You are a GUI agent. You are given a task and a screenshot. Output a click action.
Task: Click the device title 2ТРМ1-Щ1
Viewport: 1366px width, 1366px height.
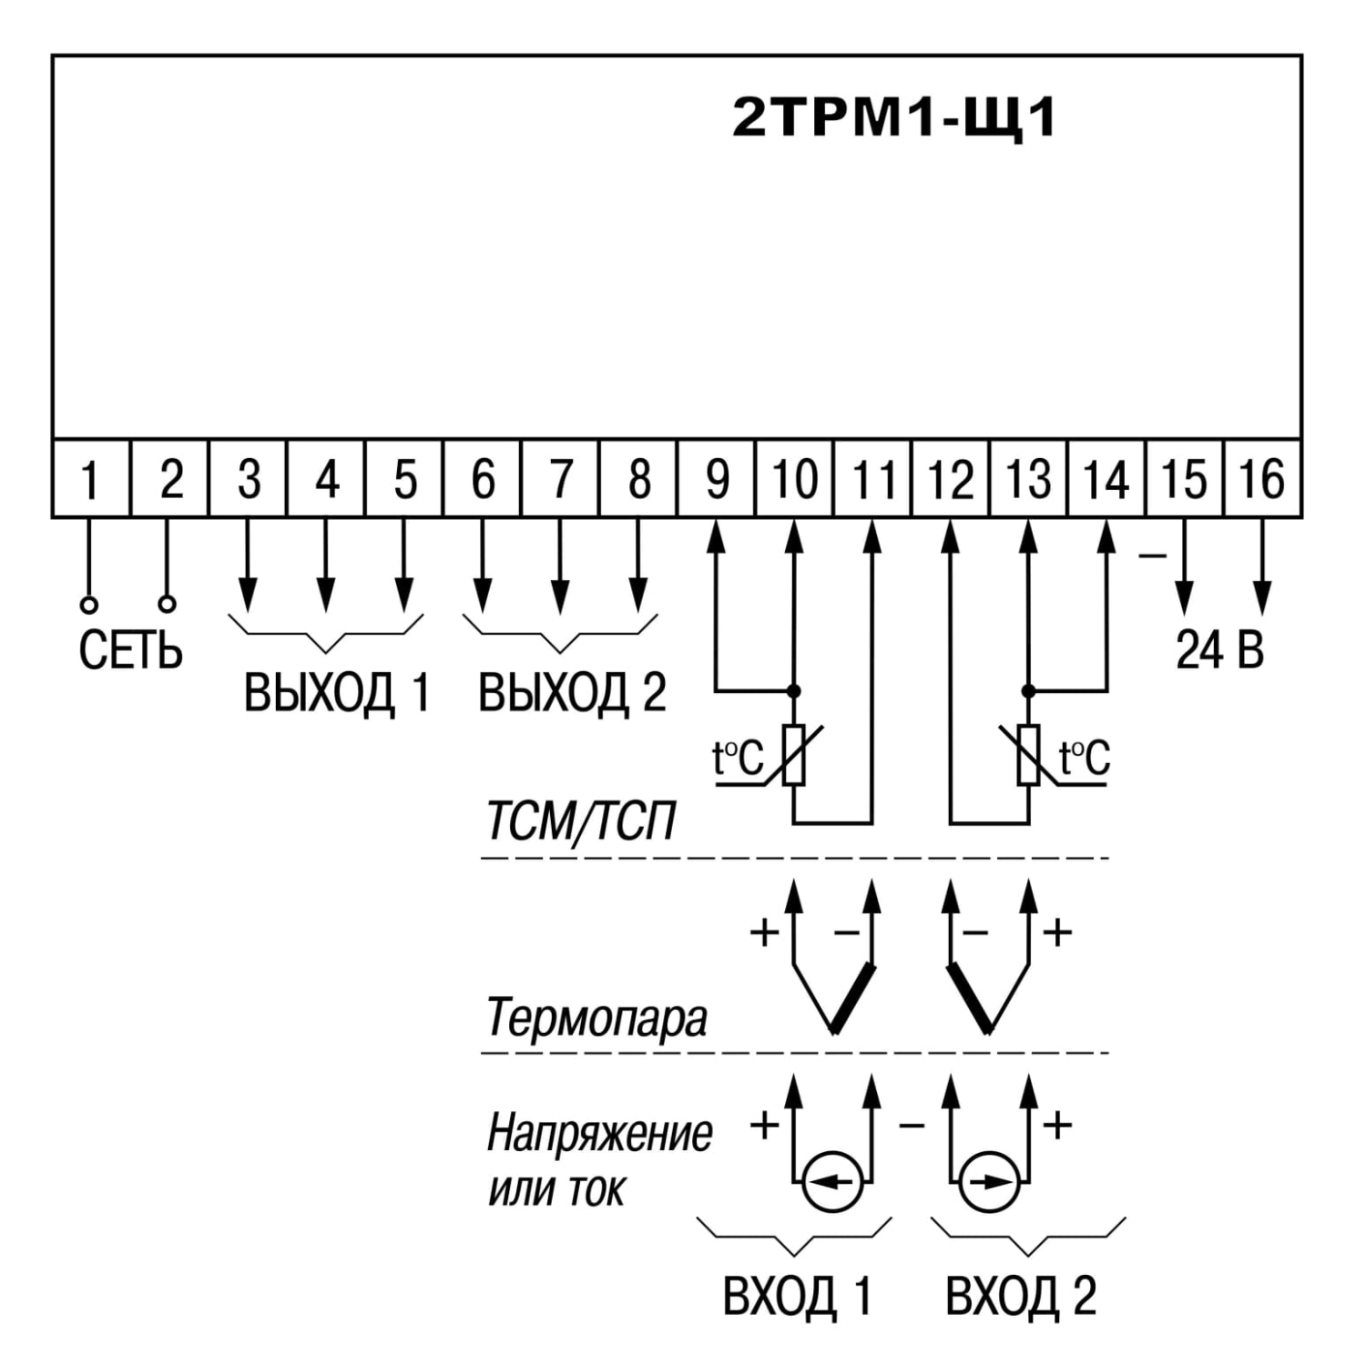click(894, 117)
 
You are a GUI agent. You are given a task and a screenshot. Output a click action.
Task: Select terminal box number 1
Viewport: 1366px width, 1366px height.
click(91, 478)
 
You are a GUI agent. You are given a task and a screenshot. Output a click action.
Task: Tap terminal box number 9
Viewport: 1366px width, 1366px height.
click(716, 478)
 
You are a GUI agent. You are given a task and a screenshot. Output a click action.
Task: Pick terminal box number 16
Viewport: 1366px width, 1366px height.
click(1262, 478)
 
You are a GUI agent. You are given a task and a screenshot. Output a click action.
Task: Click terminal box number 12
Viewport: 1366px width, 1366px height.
click(950, 478)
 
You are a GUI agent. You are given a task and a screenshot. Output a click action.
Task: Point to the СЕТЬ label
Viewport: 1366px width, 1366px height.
click(130, 650)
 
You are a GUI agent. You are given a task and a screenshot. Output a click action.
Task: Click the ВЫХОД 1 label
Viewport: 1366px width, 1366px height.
click(336, 693)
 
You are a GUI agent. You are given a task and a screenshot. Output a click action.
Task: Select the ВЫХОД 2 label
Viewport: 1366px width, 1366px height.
click(572, 693)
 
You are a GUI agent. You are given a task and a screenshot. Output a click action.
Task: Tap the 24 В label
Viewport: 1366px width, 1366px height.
click(1220, 649)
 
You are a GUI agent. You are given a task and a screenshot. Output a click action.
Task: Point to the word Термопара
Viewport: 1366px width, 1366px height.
click(596, 1016)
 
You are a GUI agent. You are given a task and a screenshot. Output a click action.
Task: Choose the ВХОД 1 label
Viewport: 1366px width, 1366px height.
click(798, 1295)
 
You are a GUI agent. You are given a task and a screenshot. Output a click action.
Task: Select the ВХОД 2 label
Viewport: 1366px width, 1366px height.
click(1021, 1295)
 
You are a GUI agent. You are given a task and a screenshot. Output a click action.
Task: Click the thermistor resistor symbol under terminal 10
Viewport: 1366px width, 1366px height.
click(794, 754)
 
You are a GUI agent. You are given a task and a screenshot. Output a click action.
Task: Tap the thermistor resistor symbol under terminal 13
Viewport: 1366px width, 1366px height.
click(1028, 754)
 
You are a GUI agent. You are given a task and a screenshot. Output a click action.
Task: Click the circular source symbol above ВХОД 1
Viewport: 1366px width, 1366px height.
click(832, 1182)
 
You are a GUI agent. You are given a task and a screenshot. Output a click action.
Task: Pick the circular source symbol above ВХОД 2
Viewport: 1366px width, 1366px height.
click(990, 1182)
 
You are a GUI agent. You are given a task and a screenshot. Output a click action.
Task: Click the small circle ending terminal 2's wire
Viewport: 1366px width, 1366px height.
click(167, 603)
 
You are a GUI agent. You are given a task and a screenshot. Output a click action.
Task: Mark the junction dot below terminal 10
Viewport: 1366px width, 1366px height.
click(794, 690)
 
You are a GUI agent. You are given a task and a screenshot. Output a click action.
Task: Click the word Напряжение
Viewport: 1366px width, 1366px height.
click(599, 1135)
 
